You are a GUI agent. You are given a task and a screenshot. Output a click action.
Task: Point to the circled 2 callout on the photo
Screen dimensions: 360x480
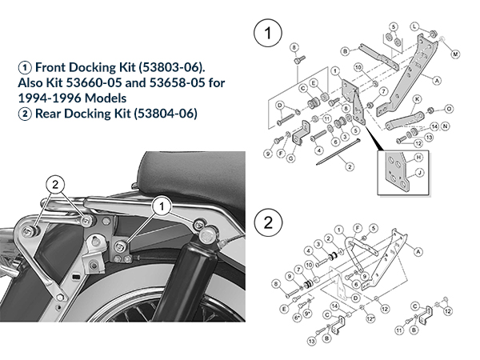(56, 181)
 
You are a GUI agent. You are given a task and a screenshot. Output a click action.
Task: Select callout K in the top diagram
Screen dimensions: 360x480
(417, 99)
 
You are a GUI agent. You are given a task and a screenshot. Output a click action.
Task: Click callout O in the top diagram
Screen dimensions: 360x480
(449, 108)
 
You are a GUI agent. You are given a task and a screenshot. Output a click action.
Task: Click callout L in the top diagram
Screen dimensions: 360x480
(414, 26)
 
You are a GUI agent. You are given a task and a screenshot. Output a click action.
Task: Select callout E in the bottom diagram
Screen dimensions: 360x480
(284, 308)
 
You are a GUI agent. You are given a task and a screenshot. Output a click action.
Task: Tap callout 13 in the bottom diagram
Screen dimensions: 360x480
(310, 342)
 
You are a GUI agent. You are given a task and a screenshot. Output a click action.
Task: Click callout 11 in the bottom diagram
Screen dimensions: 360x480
(398, 329)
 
